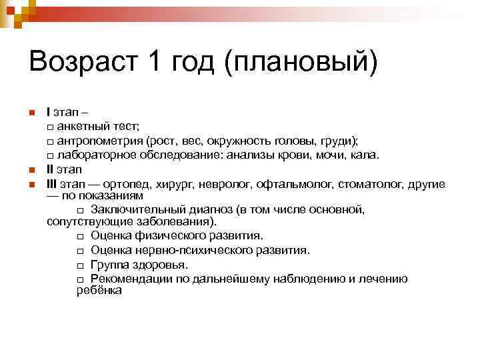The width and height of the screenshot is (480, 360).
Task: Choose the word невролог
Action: (x=231, y=184)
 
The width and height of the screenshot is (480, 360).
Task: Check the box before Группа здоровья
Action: (x=80, y=265)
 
